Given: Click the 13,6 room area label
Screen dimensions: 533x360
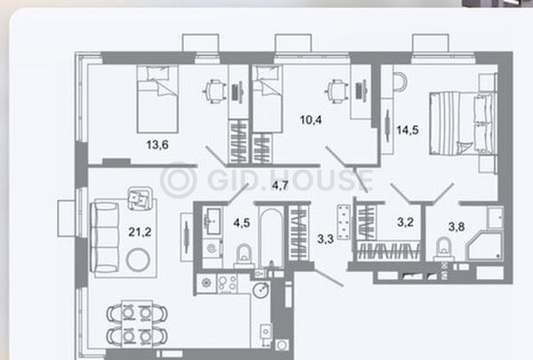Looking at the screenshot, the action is point(157,145).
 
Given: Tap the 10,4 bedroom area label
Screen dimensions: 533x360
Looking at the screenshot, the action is point(311,120).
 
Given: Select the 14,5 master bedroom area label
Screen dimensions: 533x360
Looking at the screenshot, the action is point(408,130).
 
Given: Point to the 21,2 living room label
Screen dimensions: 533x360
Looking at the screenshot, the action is point(139,232).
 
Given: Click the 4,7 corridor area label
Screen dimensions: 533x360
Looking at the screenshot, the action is point(280,186).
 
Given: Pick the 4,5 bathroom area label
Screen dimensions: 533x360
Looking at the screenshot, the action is point(242,223).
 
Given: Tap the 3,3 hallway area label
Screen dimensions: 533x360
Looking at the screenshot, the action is point(325,239).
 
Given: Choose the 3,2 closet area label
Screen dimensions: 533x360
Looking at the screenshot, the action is point(405,222).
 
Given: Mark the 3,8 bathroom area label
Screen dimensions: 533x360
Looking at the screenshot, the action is point(457,227).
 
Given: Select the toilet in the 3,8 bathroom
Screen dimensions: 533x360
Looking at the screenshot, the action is point(444,249).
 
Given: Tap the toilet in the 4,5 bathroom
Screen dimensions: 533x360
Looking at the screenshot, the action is point(243,255).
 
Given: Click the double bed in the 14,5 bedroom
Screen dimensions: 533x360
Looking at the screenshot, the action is point(461,124).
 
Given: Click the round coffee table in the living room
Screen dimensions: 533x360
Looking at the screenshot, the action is point(138,260).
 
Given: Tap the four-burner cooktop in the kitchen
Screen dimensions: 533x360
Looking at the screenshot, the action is point(227,284).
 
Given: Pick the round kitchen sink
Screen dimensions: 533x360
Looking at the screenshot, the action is point(261,290).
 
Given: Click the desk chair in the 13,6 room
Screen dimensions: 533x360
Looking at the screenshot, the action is point(215,92).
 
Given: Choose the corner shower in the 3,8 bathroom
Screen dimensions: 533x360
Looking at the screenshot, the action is point(484,246).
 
